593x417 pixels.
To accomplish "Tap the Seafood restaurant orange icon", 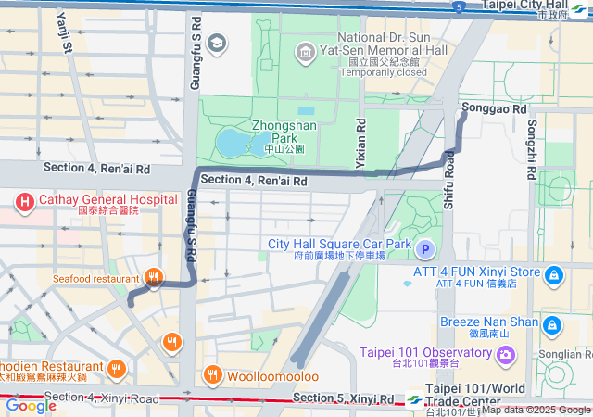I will (155, 277).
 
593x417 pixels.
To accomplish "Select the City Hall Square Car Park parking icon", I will (425, 249).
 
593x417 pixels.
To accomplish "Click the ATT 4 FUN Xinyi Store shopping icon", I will (553, 275).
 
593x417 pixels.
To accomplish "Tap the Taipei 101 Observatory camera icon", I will (505, 354).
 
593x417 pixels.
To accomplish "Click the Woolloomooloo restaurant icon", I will (212, 375).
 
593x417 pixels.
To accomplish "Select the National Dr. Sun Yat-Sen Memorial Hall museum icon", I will (302, 50).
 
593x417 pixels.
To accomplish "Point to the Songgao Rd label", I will (493, 108).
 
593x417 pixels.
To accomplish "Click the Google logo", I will (31, 405).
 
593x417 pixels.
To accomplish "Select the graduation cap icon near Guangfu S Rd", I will (217, 43).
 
